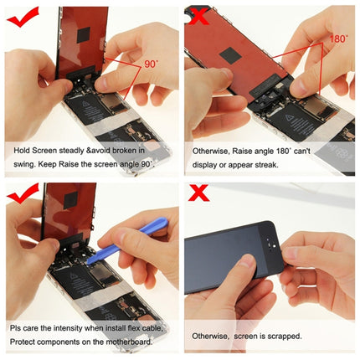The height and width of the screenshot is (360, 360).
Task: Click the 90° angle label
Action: (151, 62)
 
